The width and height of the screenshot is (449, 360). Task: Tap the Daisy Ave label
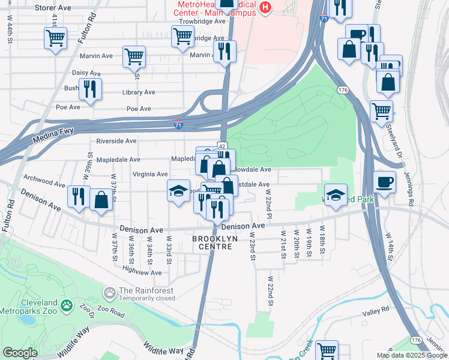coord(86,73)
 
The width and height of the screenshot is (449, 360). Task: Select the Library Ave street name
coord(138,92)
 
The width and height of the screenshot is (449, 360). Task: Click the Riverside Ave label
coord(116,141)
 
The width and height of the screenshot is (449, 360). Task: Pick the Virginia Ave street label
coord(149,174)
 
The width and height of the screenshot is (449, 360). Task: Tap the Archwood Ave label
coord(43,178)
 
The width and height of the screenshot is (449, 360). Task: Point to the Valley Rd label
coord(376,309)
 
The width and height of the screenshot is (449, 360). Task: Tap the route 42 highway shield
coord(221,146)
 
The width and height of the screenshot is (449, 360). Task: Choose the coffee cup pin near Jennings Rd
coord(384,181)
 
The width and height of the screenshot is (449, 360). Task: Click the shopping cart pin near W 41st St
coord(55,39)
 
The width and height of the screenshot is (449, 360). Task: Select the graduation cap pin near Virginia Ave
coord(178,191)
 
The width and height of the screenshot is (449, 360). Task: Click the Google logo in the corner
coord(19,353)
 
